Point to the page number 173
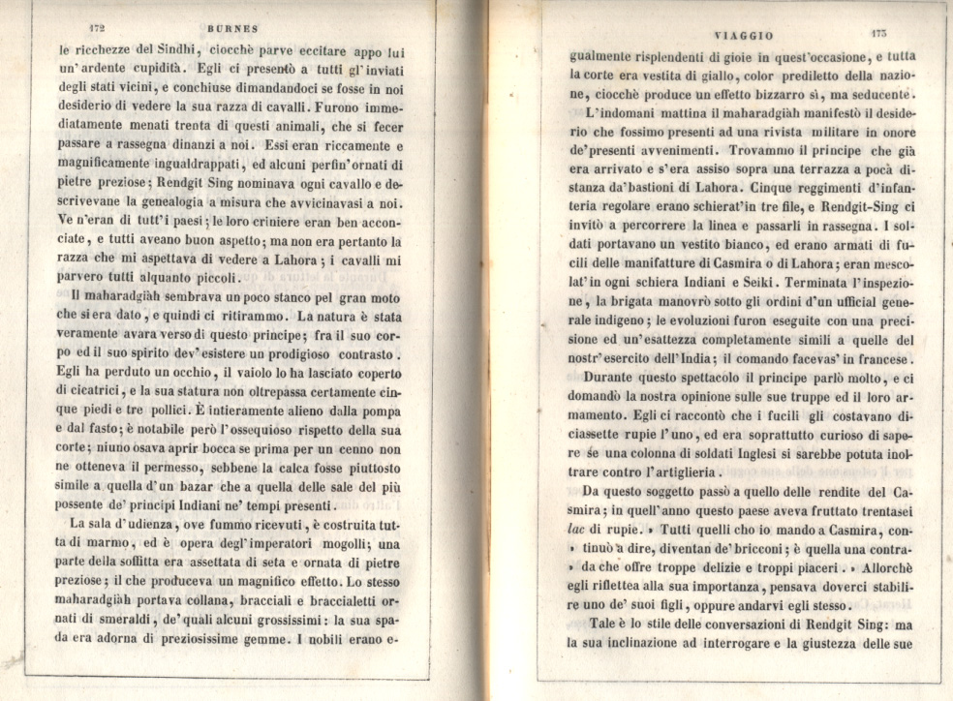878,34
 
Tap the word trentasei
878,510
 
